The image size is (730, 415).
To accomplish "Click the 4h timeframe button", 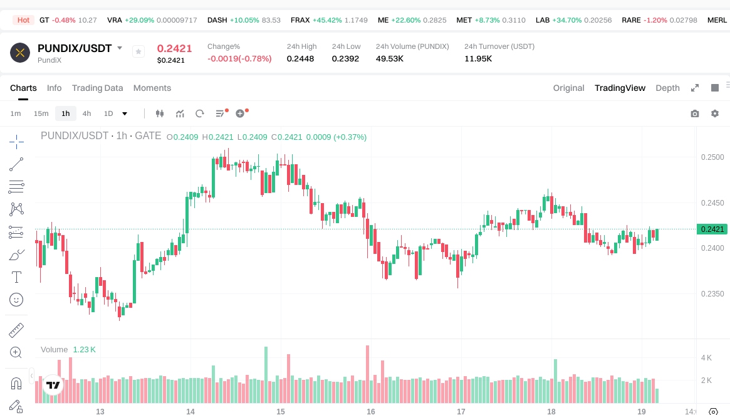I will coord(86,113).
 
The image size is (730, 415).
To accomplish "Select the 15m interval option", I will coord(41,113).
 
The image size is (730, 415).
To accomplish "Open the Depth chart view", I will coord(667,88).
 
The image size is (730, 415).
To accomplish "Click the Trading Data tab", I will coord(97,88).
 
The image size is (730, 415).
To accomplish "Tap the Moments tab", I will coord(152,88).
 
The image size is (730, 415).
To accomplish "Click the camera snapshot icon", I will coord(695,113).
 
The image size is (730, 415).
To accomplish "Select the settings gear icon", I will coord(715,113).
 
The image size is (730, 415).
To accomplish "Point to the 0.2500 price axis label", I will coord(712,157).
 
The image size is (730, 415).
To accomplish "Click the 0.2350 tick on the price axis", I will coord(712,293).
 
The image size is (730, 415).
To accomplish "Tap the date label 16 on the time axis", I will coord(371,411).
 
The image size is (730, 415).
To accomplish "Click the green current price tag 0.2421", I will coord(712,229).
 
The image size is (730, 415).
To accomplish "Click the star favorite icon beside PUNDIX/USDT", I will coord(138,51).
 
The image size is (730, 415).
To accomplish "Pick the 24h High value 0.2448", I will coord(300,58).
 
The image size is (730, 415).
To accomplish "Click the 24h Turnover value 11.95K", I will coord(478,58).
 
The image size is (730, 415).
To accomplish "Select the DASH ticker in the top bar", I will coord(217,20).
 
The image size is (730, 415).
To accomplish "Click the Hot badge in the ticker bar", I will coord(23,20).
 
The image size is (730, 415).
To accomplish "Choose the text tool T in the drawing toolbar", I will coord(16,276).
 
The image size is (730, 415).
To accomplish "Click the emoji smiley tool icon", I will coord(16,300).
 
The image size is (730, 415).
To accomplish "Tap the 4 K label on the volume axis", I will coord(706,358).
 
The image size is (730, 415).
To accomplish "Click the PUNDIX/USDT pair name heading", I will coord(75,48).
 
